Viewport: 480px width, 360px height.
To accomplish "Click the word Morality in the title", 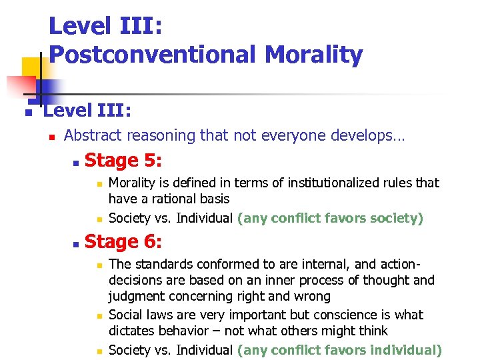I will (x=314, y=55).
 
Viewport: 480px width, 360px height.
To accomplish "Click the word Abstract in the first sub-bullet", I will (x=93, y=135).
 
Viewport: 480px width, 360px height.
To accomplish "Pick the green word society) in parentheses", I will (x=395, y=217).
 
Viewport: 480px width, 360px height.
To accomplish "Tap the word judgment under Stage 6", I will (x=137, y=297).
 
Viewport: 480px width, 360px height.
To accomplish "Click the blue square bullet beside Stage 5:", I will (x=76, y=163).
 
